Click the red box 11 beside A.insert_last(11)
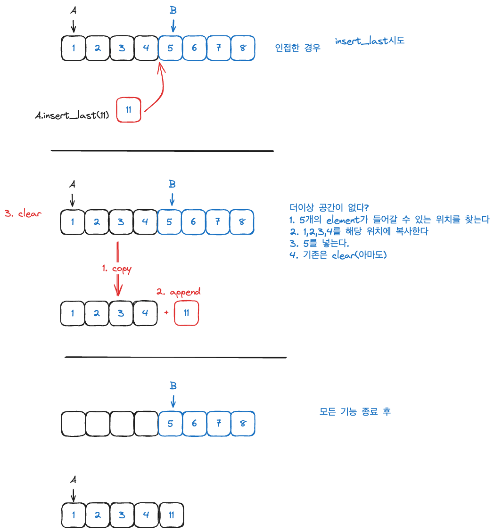(x=128, y=110)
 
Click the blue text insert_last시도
(x=370, y=41)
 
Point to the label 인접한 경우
(x=297, y=48)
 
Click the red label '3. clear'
(x=23, y=213)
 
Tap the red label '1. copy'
(x=116, y=269)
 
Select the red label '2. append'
(x=178, y=292)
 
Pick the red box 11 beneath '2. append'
(x=186, y=313)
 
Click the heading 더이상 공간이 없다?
(x=329, y=207)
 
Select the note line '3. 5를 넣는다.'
(x=319, y=244)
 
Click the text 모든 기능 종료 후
(x=355, y=411)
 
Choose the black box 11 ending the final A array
(x=171, y=515)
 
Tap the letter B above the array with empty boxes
(x=173, y=386)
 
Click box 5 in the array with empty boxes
(x=170, y=424)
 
